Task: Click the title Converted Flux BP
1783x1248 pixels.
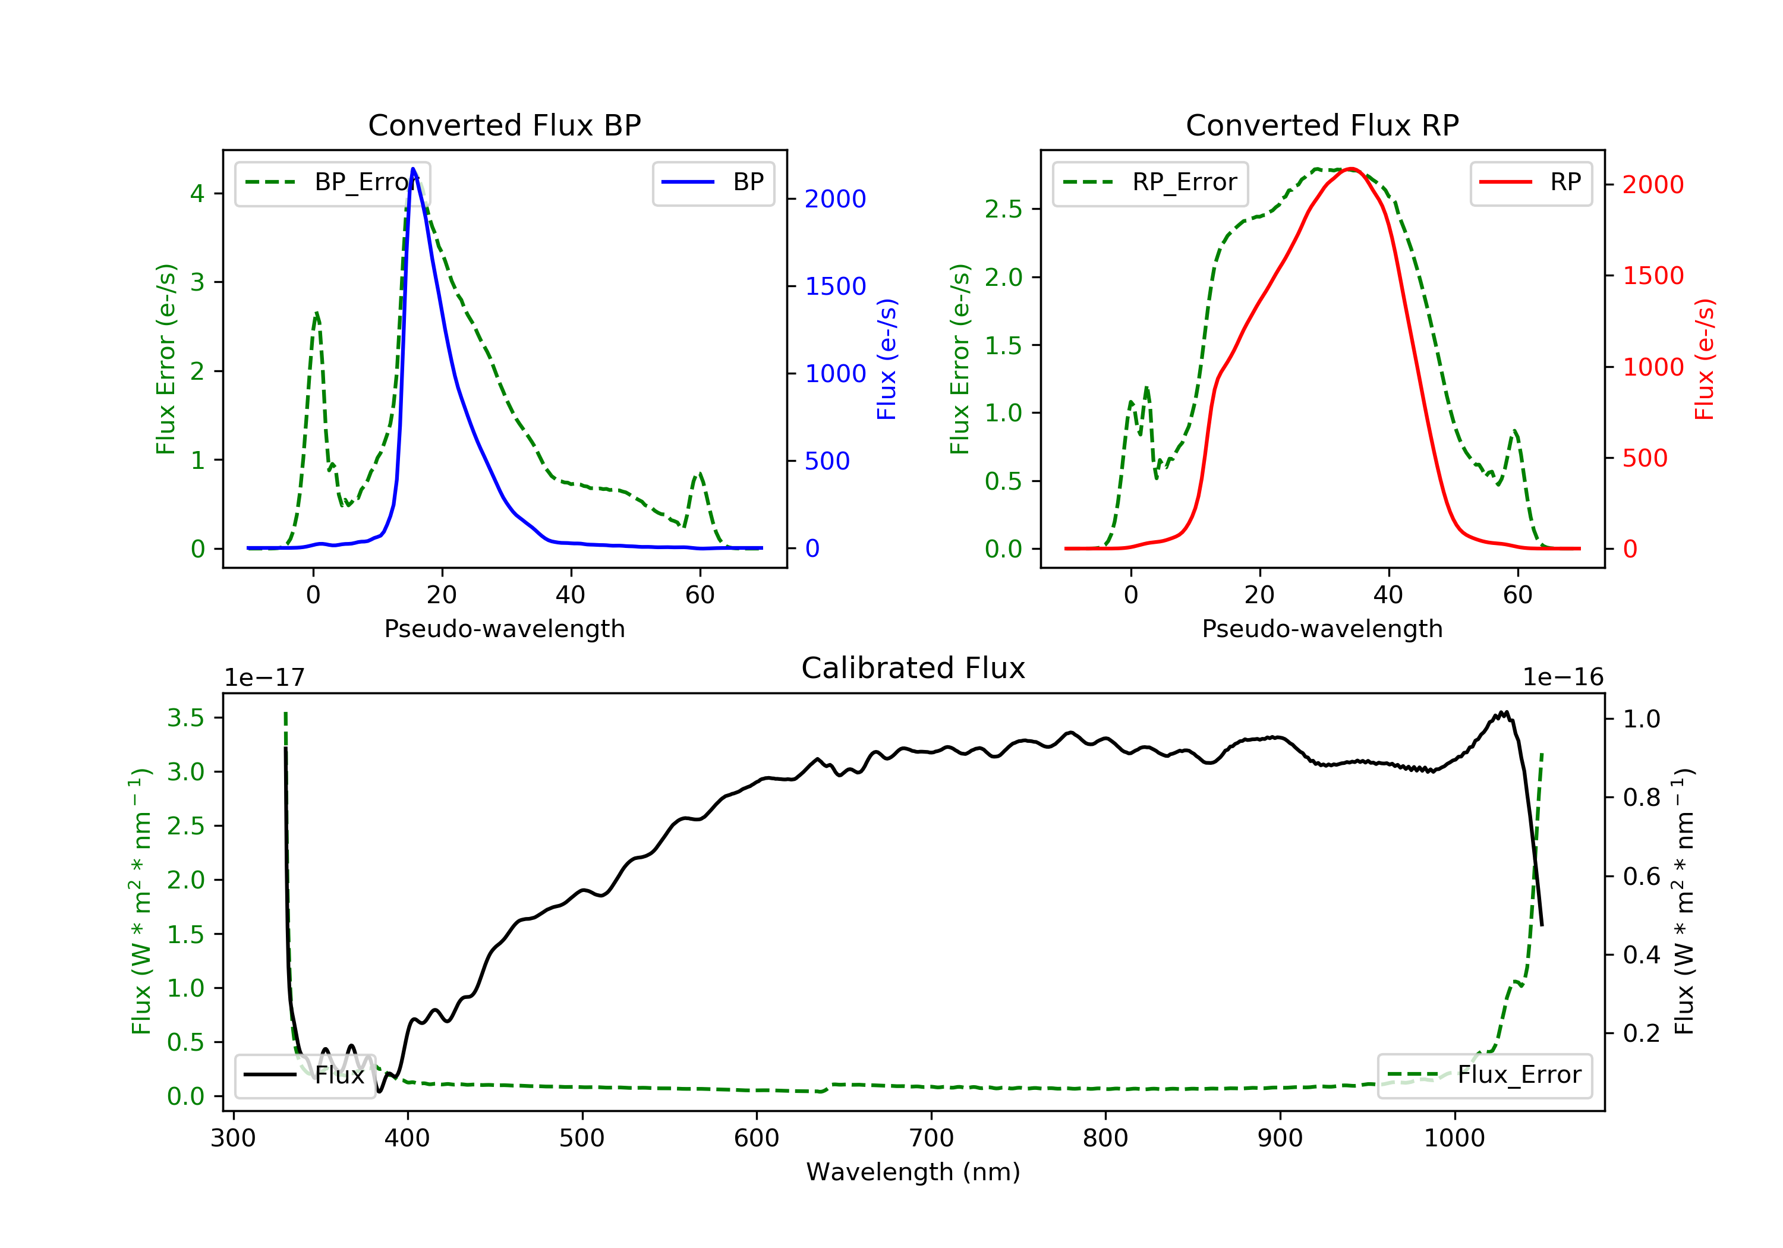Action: click(x=505, y=125)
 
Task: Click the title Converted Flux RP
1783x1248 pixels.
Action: click(x=1322, y=125)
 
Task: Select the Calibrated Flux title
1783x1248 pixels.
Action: click(x=913, y=668)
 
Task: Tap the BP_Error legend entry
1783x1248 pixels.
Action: click(x=332, y=182)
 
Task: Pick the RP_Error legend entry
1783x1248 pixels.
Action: click(x=1150, y=182)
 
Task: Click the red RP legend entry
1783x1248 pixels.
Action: click(x=1530, y=182)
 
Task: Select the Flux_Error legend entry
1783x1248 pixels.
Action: click(x=1484, y=1075)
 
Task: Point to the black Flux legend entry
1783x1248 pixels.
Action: click(x=304, y=1075)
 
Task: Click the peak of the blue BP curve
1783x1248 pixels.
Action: click(x=413, y=169)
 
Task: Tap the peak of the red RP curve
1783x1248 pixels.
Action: click(x=1352, y=169)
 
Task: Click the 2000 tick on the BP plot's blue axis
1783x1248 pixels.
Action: click(x=835, y=200)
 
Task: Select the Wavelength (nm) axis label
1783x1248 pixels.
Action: click(x=913, y=1172)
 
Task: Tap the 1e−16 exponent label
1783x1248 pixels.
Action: click(x=1563, y=677)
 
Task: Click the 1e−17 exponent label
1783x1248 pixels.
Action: click(x=265, y=677)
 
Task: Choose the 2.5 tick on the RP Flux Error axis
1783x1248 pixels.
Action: click(x=1003, y=210)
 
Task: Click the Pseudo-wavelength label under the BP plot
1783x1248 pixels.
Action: click(x=505, y=628)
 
